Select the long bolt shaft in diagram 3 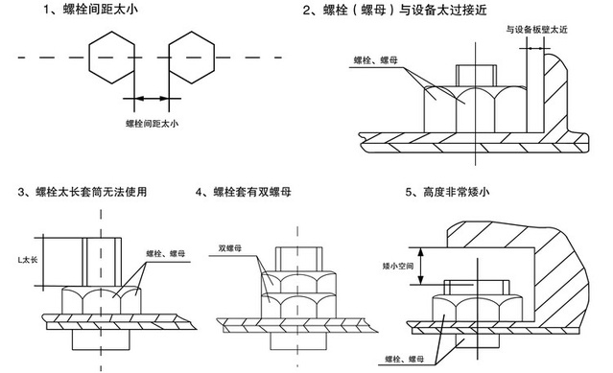pos(97,259)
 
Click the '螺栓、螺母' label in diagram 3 pos(166,253)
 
